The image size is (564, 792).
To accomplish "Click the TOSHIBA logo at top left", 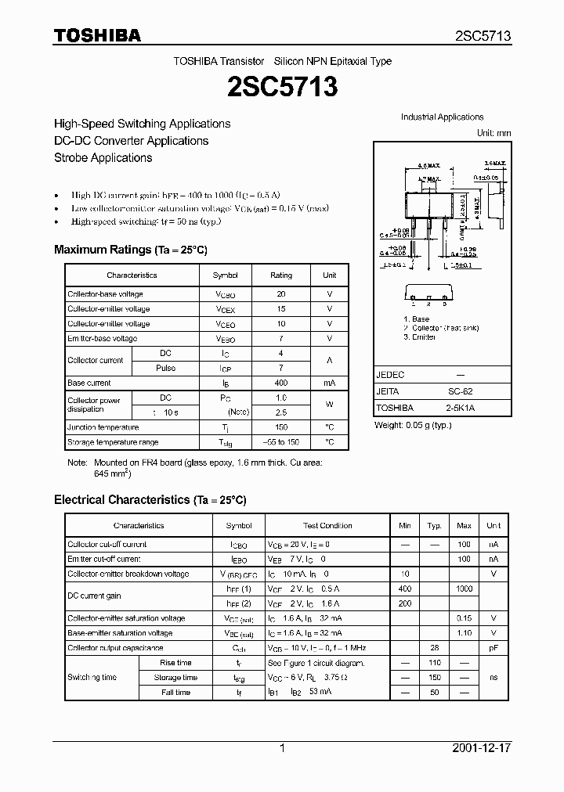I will tap(96, 36).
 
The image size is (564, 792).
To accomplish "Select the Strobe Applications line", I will tap(103, 157).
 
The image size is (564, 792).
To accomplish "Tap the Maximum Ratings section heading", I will tap(130, 250).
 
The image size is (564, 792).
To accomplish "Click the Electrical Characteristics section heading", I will tap(150, 499).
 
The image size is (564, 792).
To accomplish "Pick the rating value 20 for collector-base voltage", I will tap(281, 294).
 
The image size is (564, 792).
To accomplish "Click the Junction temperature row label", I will tap(103, 427).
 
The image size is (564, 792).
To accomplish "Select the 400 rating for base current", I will tap(281, 383).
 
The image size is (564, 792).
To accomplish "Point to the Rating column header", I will tap(281, 275).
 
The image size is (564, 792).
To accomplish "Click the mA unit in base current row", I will tap(329, 383).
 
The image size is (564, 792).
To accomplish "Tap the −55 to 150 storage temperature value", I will tap(281, 442).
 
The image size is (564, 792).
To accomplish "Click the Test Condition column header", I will tap(327, 526).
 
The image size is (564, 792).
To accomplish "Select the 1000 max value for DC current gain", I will tap(464, 589).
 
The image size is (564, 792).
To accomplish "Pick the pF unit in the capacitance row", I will tap(493, 648).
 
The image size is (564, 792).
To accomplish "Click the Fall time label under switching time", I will tap(176, 693).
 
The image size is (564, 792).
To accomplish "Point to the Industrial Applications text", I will tap(442, 117).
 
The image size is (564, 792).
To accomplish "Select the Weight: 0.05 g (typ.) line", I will tap(412, 425).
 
